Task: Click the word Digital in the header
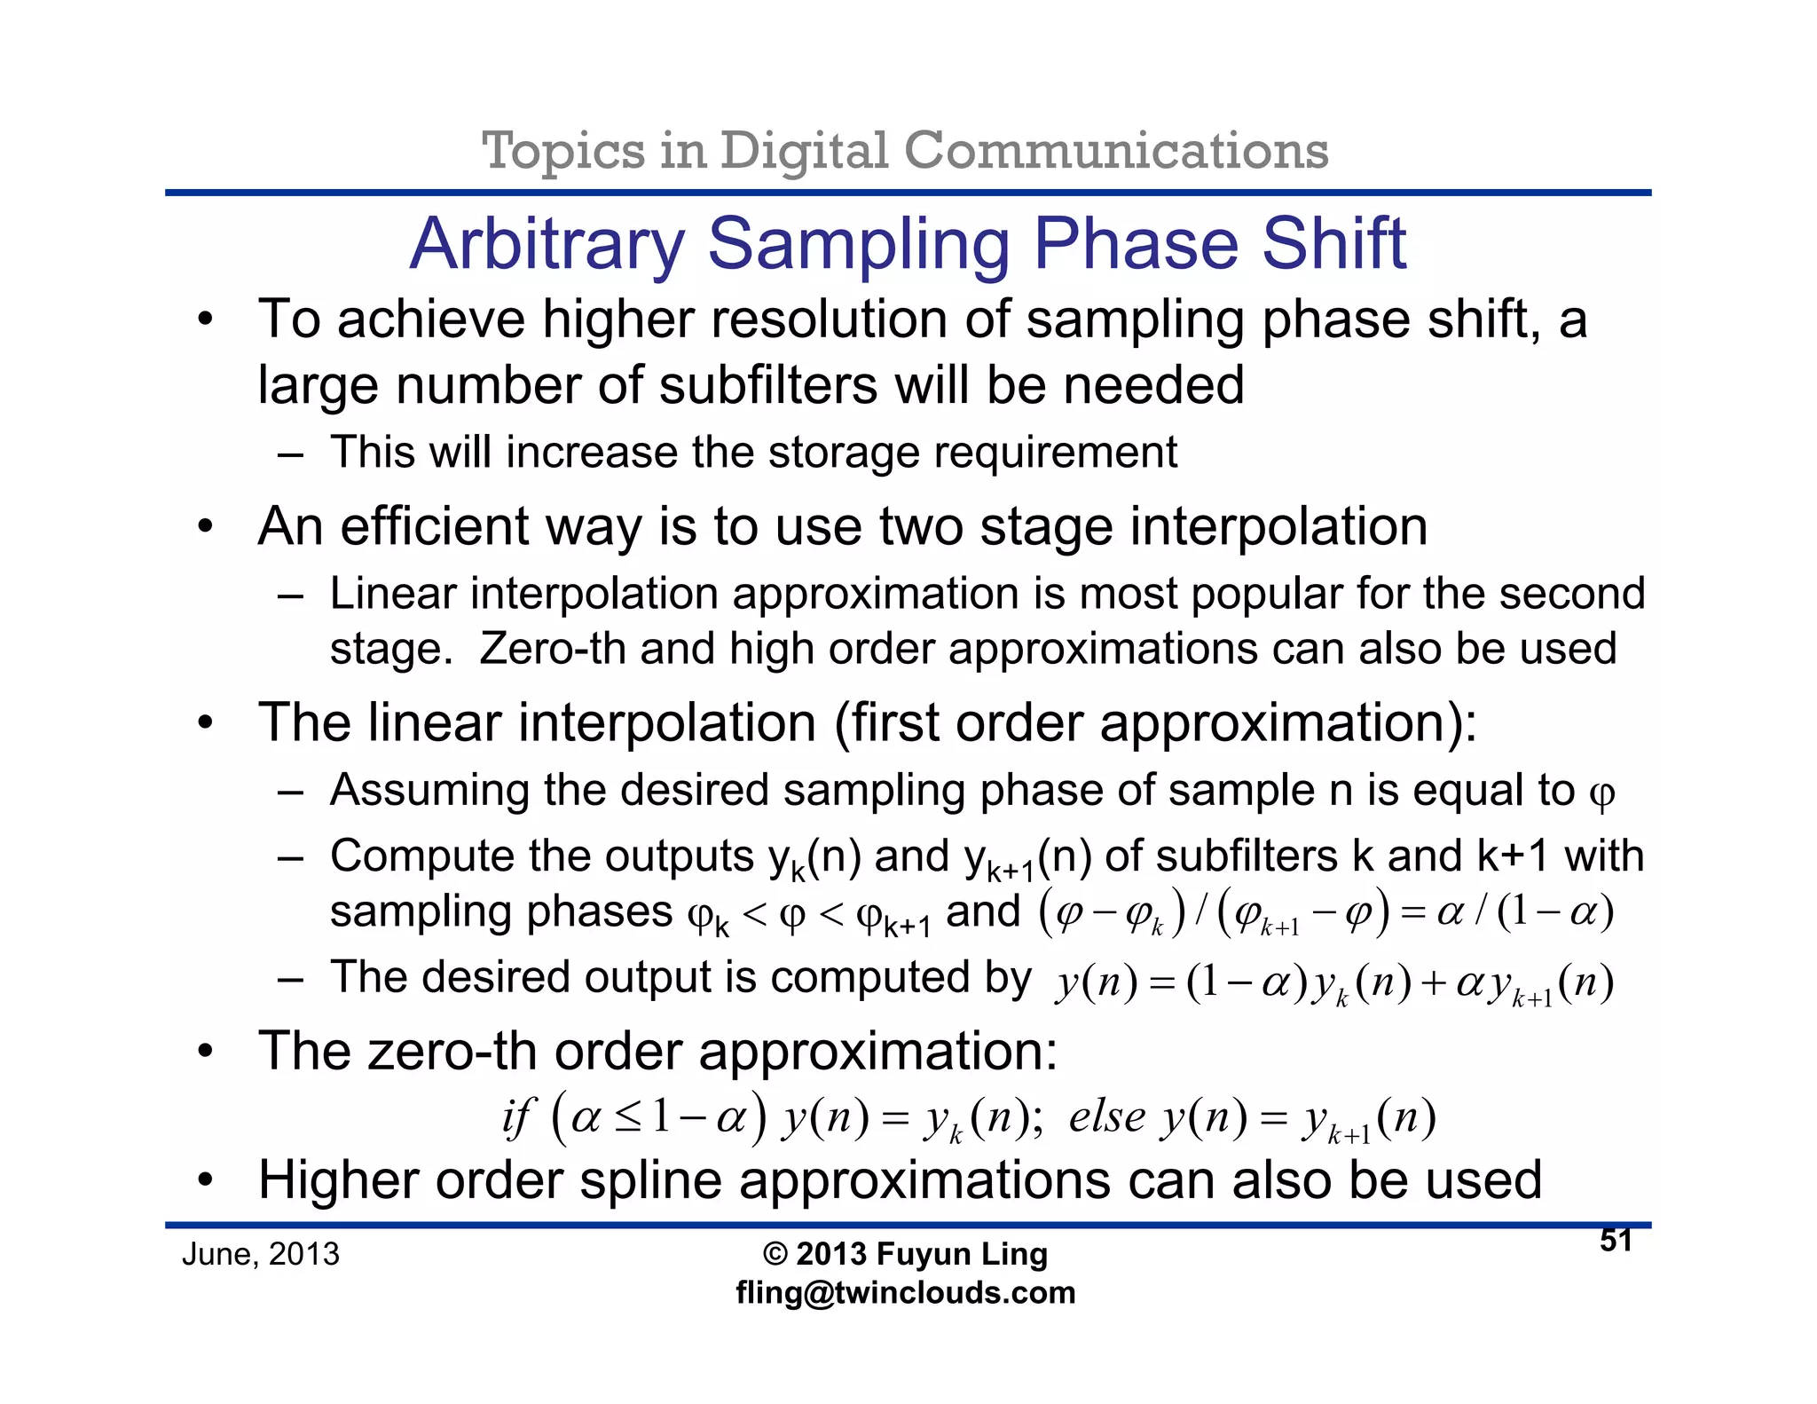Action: [x=804, y=150]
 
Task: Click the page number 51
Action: [x=1616, y=1241]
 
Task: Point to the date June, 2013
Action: [x=261, y=1254]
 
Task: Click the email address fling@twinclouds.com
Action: [x=905, y=1292]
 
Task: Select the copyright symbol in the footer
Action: [x=775, y=1254]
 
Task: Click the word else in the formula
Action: [x=1106, y=1116]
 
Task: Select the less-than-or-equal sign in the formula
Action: [x=627, y=1118]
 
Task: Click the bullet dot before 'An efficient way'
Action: [x=206, y=527]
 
